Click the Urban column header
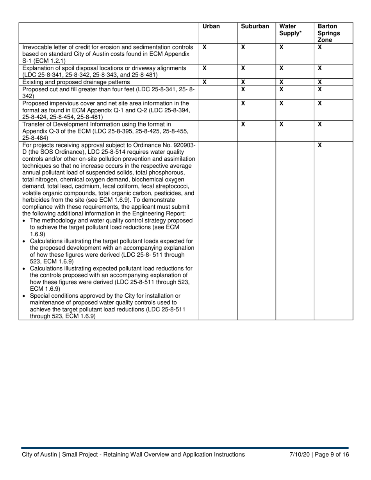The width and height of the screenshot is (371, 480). click(211, 27)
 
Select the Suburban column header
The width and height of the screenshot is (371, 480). click(255, 27)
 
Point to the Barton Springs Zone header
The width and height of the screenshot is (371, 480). click(328, 33)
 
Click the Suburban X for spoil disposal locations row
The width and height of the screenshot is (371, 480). click(243, 68)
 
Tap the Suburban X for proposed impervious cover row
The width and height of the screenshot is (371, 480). click(243, 103)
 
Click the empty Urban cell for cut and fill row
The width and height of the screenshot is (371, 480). click(218, 92)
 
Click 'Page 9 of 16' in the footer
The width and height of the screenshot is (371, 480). click(332, 455)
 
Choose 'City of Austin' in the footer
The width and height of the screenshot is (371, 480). click(39, 455)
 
